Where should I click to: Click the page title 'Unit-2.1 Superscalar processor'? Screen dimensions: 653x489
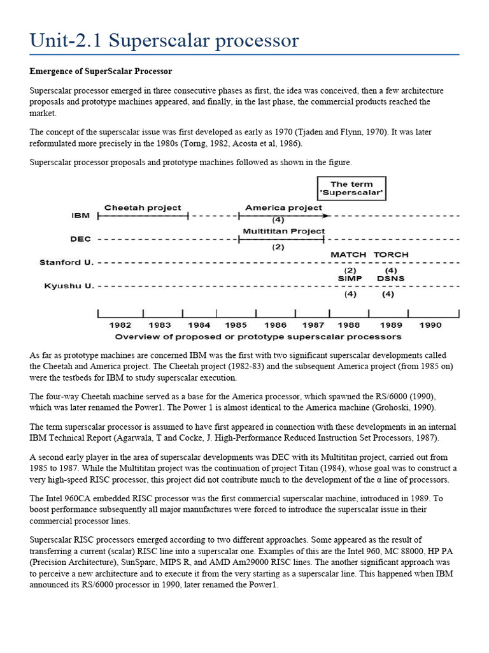[164, 40]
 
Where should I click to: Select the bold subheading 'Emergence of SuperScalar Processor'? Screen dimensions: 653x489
[101, 71]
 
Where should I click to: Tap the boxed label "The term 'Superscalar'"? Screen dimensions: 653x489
[352, 188]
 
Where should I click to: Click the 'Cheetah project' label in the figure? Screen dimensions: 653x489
[143, 208]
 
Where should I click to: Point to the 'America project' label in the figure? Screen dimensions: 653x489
[283, 208]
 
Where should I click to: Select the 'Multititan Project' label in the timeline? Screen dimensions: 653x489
[283, 231]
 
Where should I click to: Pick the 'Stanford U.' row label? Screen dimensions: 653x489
[67, 262]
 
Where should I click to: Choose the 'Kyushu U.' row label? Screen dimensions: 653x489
[69, 286]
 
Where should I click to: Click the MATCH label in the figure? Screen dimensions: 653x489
[348, 254]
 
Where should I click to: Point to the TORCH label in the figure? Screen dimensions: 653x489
[391, 254]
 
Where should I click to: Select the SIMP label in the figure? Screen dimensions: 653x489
[350, 278]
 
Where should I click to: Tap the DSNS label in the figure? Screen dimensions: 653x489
[390, 278]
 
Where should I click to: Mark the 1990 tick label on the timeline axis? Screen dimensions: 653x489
[430, 325]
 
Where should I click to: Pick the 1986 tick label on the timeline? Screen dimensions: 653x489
[275, 325]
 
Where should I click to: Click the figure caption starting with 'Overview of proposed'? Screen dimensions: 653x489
[258, 336]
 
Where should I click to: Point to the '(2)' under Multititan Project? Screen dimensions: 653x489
[278, 247]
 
